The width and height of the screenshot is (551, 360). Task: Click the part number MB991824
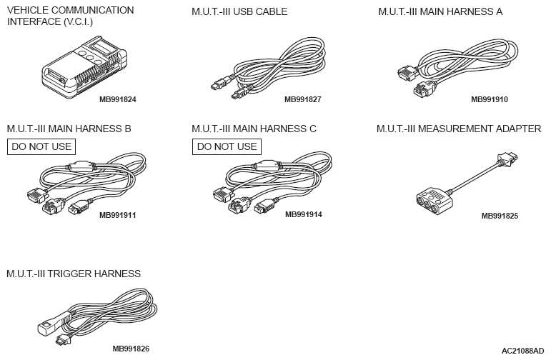[x=118, y=99]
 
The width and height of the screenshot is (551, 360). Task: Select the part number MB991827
[x=302, y=99]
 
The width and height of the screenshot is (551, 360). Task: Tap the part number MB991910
[x=490, y=99]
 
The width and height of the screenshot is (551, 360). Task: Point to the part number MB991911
[x=118, y=214]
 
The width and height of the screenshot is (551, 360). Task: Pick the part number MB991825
[x=500, y=214]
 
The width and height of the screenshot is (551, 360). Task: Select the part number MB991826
[x=131, y=349]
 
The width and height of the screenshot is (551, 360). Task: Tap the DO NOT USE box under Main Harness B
[x=41, y=147]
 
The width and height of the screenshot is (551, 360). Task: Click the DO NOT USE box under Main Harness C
[x=227, y=147]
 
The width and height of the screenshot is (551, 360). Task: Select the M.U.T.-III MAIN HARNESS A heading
[x=440, y=11]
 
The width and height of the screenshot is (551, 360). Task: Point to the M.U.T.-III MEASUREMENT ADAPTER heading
[x=459, y=129]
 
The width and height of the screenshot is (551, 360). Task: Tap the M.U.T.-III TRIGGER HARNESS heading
[x=74, y=274]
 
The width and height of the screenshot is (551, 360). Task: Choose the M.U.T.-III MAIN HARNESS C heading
[x=254, y=129]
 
